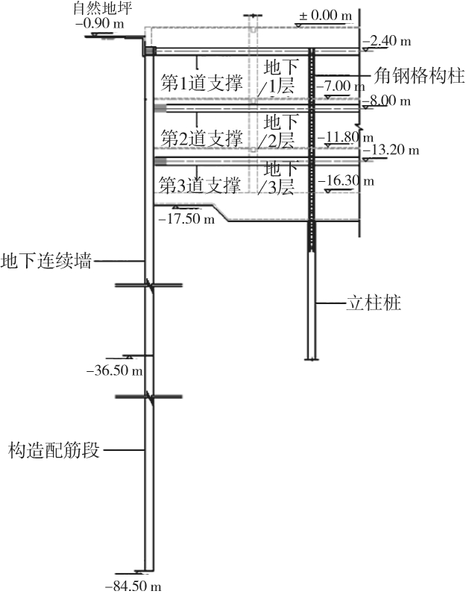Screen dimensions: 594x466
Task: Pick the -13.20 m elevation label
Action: [x=391, y=150]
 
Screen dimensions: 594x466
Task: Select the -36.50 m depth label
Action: [x=115, y=370]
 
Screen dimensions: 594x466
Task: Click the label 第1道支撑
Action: [x=201, y=83]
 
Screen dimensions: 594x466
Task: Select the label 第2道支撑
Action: [x=201, y=138]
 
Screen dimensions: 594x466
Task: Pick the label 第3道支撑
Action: [x=199, y=183]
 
